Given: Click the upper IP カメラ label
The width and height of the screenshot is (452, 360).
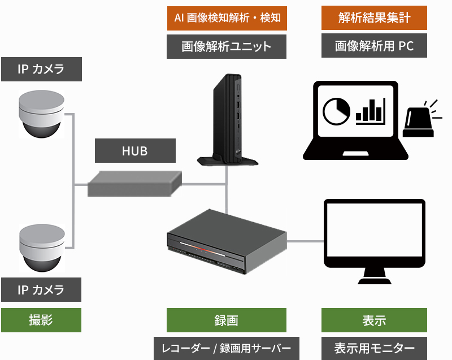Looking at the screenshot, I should point(41,70).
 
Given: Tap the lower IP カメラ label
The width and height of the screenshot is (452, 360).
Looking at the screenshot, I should point(41,290).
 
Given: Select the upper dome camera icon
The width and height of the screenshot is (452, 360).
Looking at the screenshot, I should point(41,114).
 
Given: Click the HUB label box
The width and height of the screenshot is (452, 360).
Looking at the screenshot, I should point(135,151).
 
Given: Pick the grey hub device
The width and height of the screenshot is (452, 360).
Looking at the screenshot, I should point(134,183).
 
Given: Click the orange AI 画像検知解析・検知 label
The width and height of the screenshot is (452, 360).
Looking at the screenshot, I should point(227,19).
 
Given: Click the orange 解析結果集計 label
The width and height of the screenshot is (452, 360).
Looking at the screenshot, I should point(373,19).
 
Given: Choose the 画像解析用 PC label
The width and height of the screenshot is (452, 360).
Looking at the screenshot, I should point(373,46).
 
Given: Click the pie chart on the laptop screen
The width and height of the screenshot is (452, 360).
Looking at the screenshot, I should point(336,111).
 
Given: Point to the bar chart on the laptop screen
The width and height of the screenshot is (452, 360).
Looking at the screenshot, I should point(371,111).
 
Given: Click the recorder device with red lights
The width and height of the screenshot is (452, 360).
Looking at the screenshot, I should point(226,242).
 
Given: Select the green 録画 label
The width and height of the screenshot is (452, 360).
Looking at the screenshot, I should point(227,320).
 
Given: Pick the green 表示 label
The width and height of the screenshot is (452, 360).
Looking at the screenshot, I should point(373,320).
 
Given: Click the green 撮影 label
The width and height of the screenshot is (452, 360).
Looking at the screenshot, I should point(41,320).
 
